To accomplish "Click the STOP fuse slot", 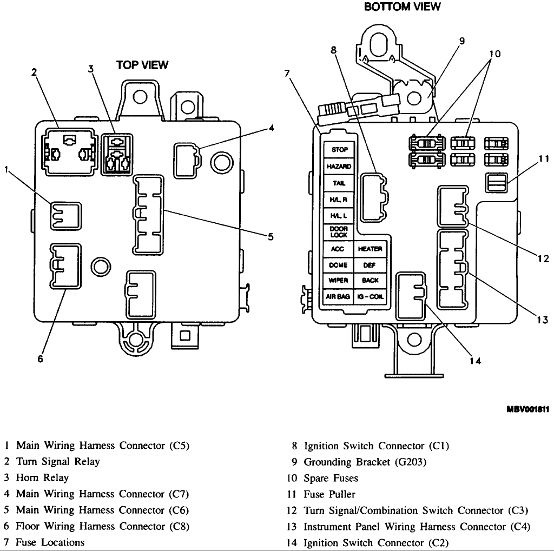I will point(339,150).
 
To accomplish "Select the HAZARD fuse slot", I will point(339,167).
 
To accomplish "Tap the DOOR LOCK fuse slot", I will point(339,233).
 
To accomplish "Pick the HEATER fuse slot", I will point(371,249).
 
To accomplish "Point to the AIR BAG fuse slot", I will point(338,297).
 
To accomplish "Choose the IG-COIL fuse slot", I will point(371,297).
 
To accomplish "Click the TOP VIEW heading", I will point(142,65).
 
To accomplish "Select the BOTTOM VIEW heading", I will point(402,7).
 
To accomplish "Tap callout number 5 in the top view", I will point(271,236).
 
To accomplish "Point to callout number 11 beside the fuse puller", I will point(543,159).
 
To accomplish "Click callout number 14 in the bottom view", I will point(476,361).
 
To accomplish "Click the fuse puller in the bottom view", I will point(497,182).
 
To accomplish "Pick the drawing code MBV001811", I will point(527,409).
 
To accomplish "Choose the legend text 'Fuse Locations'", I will point(50,542).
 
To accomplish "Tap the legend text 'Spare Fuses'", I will point(331,479).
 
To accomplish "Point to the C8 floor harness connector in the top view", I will point(65,265).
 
